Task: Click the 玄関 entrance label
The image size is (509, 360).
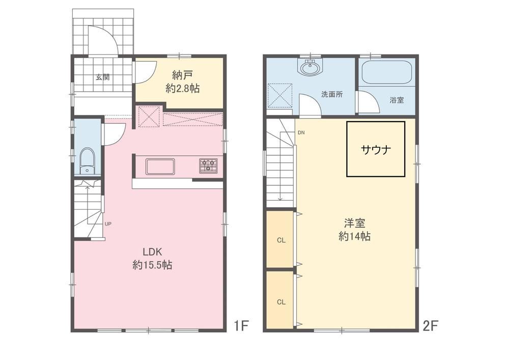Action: click(103, 77)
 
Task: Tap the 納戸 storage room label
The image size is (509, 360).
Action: click(182, 75)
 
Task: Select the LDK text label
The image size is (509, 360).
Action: click(152, 252)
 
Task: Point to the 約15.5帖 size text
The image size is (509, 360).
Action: click(152, 265)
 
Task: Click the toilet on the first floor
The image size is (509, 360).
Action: click(87, 161)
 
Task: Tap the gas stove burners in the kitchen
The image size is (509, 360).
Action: click(208, 165)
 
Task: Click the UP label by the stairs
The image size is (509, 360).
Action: click(108, 224)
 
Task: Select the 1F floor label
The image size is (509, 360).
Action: click(241, 325)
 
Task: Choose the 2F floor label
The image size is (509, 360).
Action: click(431, 325)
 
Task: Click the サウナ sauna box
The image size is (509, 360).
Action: click(376, 149)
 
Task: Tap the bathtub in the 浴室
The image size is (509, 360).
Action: click(387, 72)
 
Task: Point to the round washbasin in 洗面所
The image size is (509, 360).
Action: click(310, 68)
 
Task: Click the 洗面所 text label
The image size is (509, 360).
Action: click(332, 95)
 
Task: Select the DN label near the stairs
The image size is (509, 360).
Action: click(301, 133)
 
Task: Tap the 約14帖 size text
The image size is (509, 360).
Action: click(354, 236)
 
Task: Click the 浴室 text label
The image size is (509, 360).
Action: click(397, 100)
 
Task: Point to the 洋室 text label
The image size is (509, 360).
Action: click(354, 224)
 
